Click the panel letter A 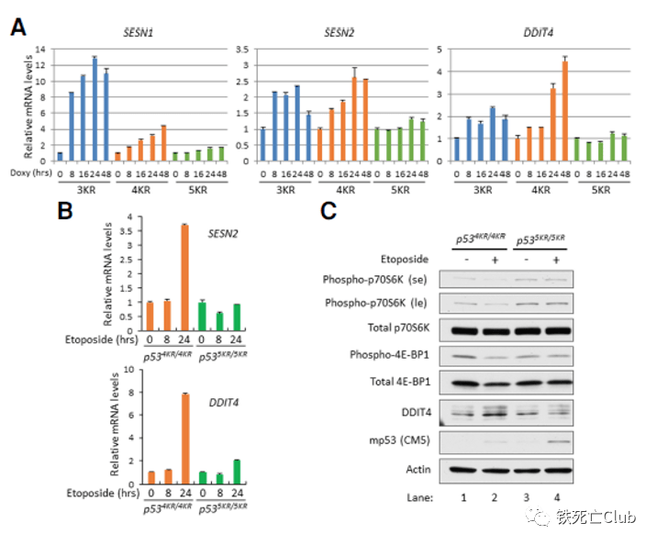(17, 27)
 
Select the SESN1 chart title (139, 33)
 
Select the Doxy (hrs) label (28, 172)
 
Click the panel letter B (65, 210)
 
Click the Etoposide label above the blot (406, 260)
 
